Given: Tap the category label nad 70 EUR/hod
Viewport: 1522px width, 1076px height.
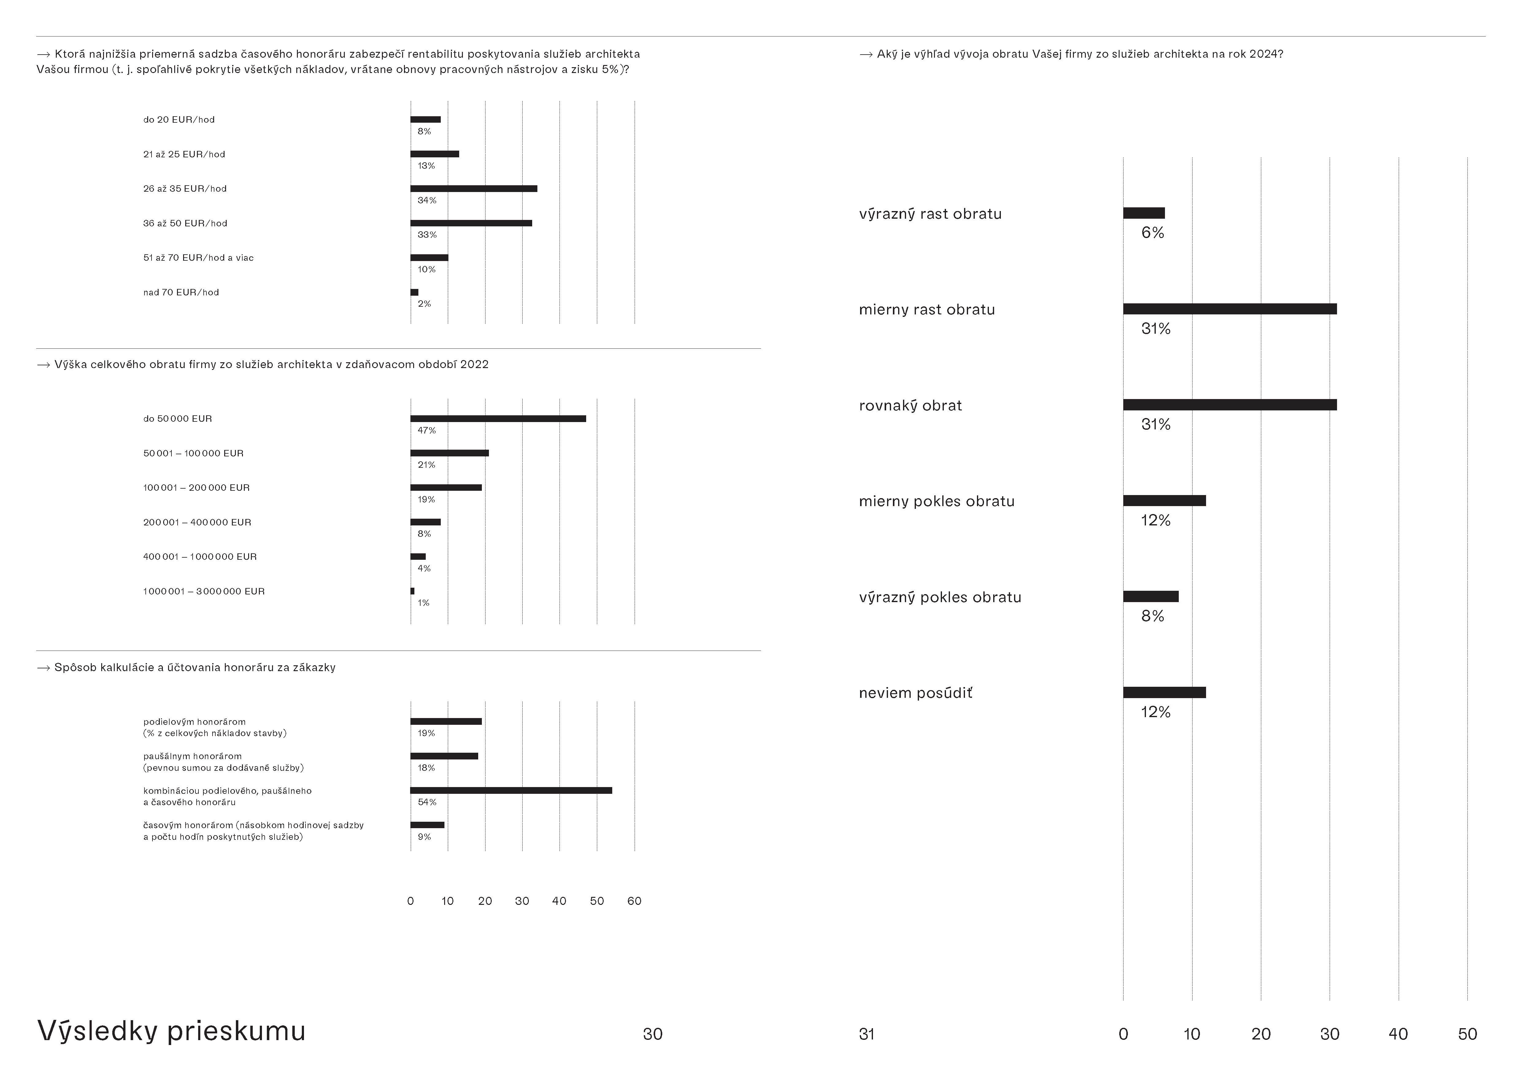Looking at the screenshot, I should click(x=181, y=292).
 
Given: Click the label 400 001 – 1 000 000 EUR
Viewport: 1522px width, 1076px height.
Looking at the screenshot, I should click(x=200, y=557).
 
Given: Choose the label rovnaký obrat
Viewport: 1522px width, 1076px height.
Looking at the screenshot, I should click(x=910, y=406).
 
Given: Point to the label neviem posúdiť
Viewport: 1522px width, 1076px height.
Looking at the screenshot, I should click(x=916, y=694).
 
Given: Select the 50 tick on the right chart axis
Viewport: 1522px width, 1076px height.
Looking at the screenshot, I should click(x=1467, y=1034).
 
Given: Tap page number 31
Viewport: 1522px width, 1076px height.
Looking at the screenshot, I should click(x=867, y=1034).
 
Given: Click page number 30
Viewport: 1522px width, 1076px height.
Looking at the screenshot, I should click(x=652, y=1034).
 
